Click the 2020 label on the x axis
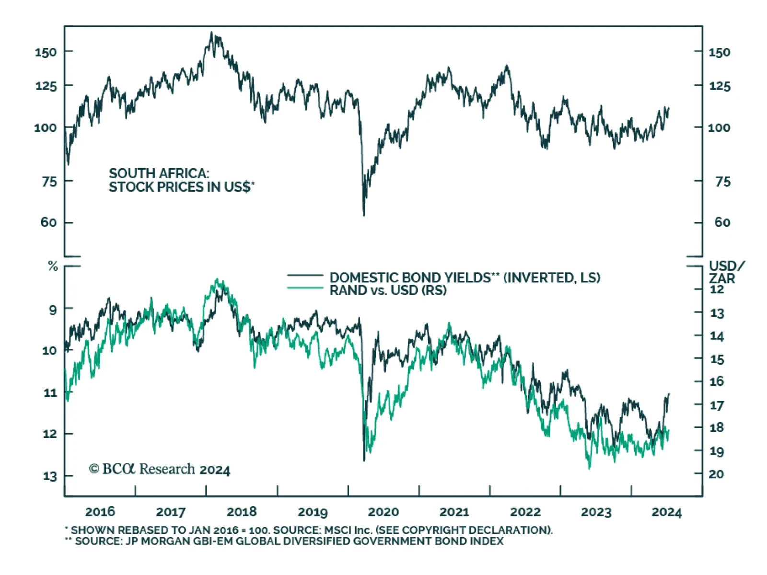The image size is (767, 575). (x=383, y=512)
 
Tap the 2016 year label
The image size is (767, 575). (x=100, y=512)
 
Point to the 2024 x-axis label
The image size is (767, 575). (x=666, y=512)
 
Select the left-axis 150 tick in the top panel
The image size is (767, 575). (x=46, y=52)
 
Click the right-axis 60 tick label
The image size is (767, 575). (x=722, y=222)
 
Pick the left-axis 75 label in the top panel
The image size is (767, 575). (x=49, y=182)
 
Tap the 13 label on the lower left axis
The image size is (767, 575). (x=50, y=476)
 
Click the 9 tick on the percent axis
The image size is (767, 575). (x=53, y=310)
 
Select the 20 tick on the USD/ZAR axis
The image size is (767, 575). (x=716, y=474)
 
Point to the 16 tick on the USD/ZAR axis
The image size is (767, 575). (x=717, y=381)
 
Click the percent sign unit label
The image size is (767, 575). (x=53, y=266)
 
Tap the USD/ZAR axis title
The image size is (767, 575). (x=726, y=272)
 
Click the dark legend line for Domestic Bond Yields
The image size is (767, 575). (x=305, y=276)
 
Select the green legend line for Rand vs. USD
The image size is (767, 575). (x=305, y=288)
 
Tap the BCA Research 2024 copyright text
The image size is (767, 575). (x=160, y=469)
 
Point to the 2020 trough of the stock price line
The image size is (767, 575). (x=364, y=215)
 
